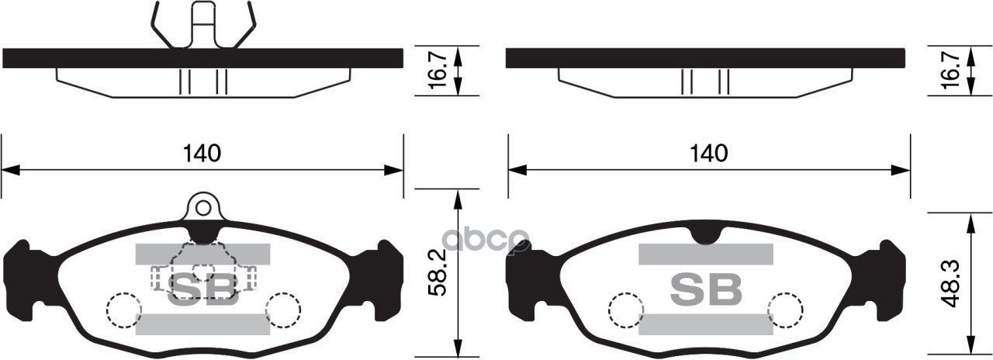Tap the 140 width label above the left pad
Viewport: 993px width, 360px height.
[x=202, y=154]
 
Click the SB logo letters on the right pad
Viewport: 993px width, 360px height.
[x=706, y=289]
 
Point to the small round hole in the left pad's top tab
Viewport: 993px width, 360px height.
[x=203, y=207]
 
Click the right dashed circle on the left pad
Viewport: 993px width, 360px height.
[x=283, y=311]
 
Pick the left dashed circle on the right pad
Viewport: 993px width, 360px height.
[x=625, y=311]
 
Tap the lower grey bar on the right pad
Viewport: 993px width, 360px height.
[x=706, y=324]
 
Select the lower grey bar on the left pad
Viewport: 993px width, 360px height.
[x=203, y=324]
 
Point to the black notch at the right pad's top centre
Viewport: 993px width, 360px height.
[x=707, y=233]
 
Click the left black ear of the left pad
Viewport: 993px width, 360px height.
[x=22, y=272]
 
